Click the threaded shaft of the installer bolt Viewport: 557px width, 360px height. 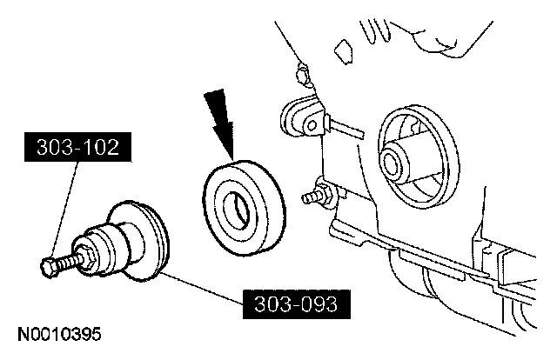click(x=70, y=258)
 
